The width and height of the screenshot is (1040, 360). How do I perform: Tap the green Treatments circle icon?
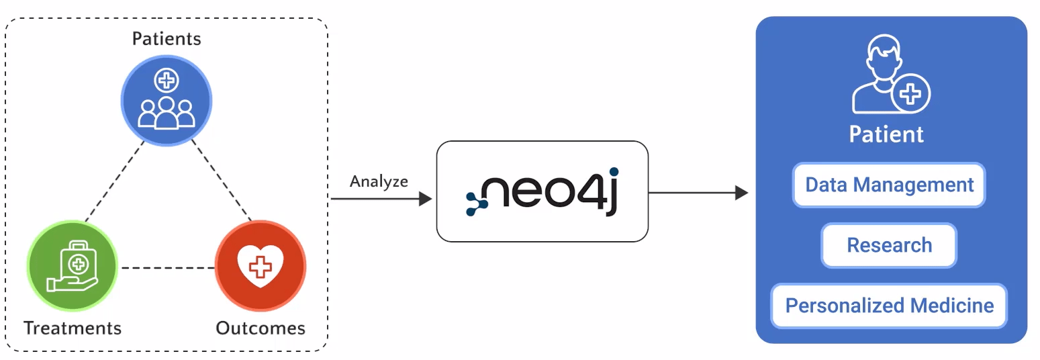point(73,267)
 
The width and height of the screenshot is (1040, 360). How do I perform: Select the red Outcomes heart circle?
point(260,267)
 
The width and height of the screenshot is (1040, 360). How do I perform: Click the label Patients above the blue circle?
point(166,39)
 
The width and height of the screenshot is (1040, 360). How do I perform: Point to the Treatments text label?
point(73,328)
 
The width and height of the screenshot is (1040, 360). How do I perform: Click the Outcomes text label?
point(261,328)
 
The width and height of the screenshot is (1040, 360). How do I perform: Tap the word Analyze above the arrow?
point(379,181)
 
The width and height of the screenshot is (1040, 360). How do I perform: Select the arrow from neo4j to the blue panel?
point(698,193)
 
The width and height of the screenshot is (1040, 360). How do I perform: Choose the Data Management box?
point(889,185)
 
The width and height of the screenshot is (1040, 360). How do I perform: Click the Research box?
point(889,245)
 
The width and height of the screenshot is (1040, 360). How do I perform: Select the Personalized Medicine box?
point(889,306)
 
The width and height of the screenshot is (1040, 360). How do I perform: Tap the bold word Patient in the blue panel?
point(886,134)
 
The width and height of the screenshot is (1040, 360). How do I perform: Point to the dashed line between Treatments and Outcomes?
point(168,268)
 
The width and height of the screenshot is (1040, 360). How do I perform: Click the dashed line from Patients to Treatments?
point(114,181)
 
